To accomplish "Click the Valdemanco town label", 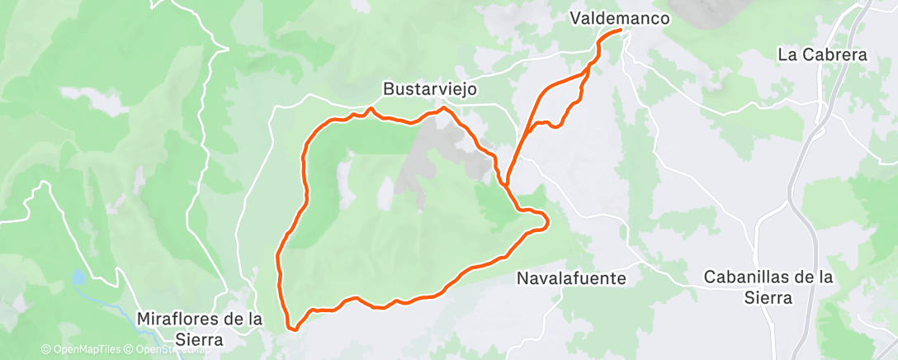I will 619,17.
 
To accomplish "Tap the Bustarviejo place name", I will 430,88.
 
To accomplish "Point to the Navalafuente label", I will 570,278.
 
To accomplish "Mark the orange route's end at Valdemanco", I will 620,31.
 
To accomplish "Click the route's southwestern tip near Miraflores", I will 291,328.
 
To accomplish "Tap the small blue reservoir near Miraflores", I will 78,277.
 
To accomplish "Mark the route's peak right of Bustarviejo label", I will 444,108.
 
